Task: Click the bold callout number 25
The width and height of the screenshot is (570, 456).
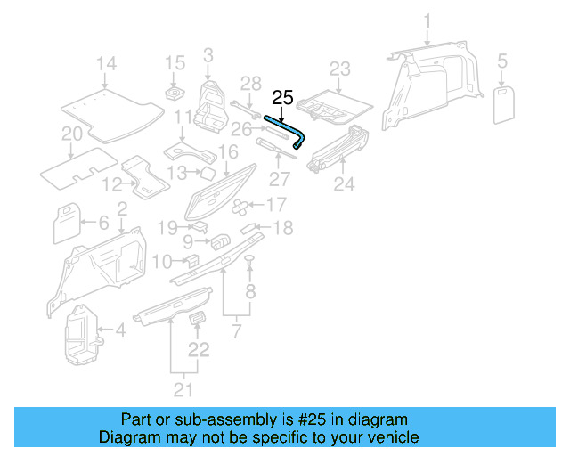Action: [x=281, y=97]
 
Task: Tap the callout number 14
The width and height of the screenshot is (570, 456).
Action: [x=106, y=63]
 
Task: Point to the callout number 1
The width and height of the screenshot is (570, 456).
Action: [x=427, y=20]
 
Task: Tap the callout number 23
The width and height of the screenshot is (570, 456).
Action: [x=340, y=69]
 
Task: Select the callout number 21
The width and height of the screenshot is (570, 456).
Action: [x=183, y=388]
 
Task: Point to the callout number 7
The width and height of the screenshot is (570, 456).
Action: [x=235, y=332]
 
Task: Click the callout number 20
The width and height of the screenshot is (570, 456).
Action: [x=72, y=134]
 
